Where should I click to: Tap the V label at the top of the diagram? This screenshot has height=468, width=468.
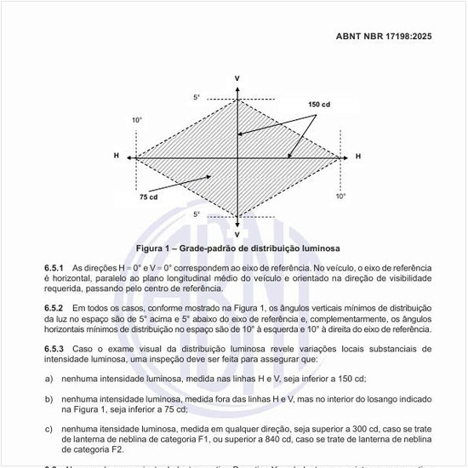click(237, 78)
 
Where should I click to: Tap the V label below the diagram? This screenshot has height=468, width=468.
click(237, 233)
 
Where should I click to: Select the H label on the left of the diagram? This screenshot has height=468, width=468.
click(116, 157)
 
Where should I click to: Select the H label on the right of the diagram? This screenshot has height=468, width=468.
click(358, 157)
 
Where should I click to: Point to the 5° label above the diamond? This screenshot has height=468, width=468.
click(197, 98)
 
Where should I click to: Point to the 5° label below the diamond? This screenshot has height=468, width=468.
click(197, 214)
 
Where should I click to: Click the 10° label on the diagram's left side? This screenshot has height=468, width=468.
click(137, 121)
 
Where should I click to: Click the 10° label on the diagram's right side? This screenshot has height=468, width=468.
click(340, 196)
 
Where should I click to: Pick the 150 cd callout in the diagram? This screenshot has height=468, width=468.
click(319, 104)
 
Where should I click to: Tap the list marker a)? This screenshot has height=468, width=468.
click(49, 378)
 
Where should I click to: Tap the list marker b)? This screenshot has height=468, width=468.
click(49, 398)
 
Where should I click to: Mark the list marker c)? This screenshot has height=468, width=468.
click(49, 429)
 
